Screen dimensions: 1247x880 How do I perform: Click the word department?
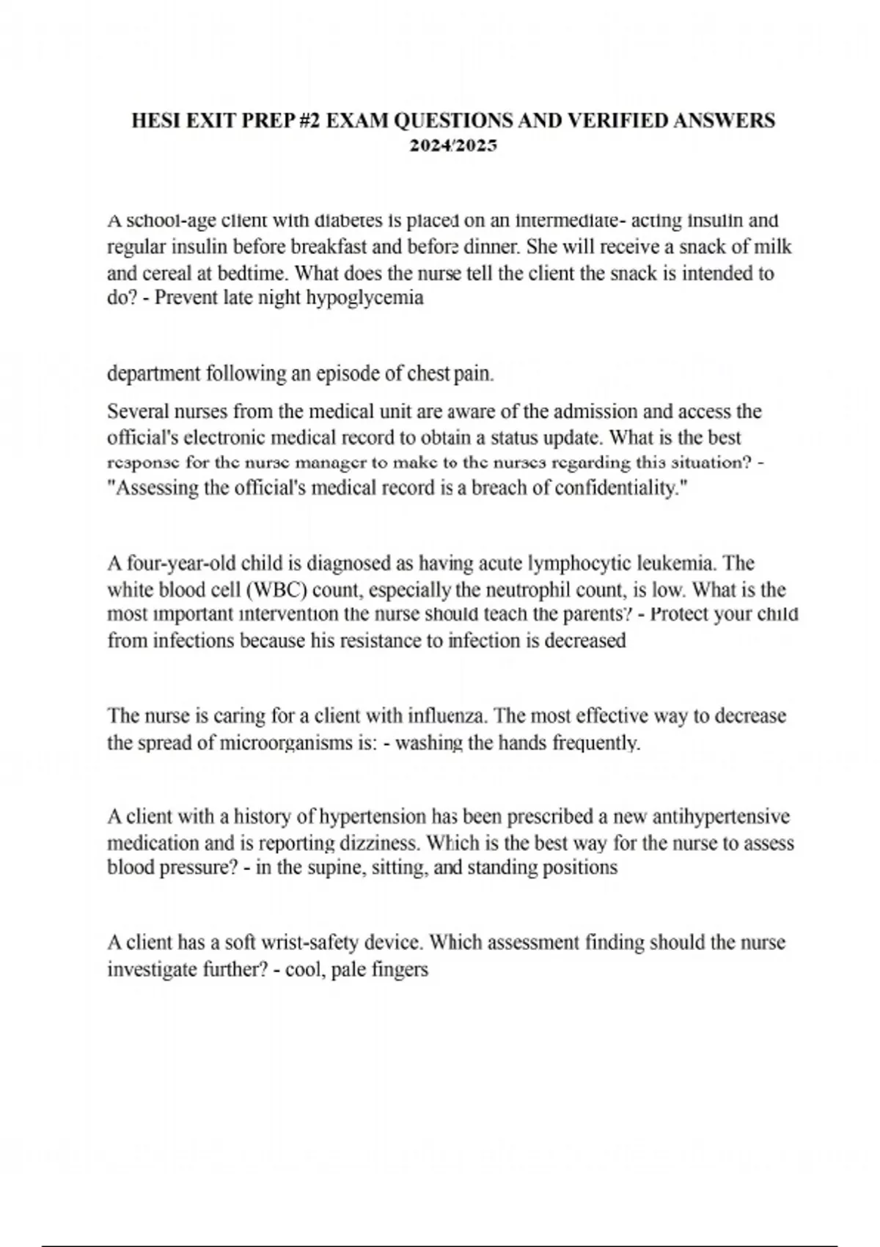click(154, 374)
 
